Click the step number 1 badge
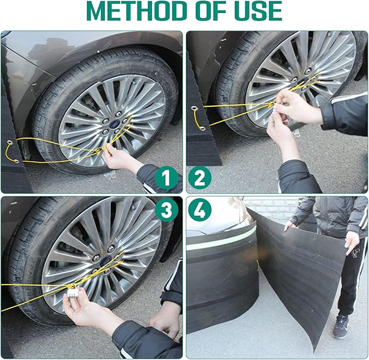coord(166,177)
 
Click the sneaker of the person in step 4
coord(341,326)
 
